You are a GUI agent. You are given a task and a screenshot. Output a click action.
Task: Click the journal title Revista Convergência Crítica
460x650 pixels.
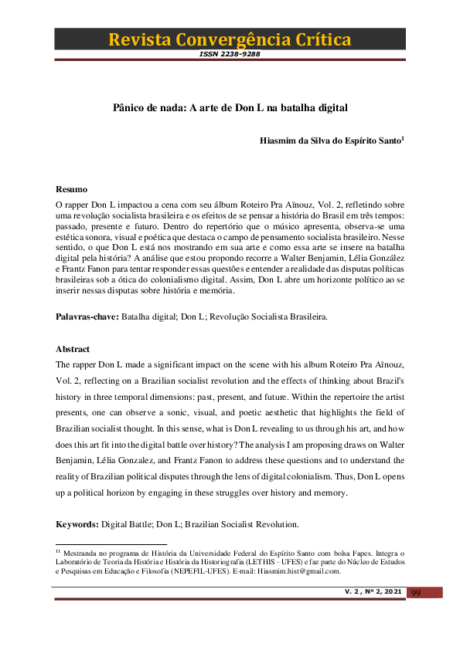pos(230,39)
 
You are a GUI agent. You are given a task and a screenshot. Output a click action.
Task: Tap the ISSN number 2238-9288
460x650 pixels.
pos(230,54)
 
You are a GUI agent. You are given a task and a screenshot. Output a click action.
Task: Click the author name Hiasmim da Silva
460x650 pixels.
pos(301,141)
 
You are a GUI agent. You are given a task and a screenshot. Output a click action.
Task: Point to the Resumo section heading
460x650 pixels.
pos(71,189)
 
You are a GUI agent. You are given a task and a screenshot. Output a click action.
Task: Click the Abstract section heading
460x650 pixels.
pos(73,349)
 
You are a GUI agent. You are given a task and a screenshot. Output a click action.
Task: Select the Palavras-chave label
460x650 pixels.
pos(87,317)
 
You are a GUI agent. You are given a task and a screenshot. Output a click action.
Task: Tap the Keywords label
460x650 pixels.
pos(77,524)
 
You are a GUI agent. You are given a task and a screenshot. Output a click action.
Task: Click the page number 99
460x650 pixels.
pos(415,592)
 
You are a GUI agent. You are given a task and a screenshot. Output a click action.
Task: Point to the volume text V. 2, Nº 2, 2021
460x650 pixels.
pos(373,591)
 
